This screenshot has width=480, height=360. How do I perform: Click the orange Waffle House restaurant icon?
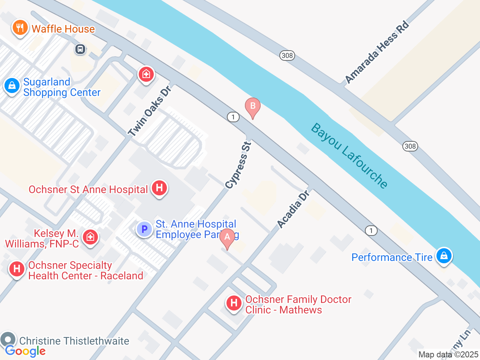pos(20,28)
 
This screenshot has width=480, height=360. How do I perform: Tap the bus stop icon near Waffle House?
pos(80,49)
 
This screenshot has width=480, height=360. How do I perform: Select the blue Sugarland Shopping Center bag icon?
pos(12,86)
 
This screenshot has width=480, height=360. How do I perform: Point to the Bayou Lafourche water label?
pos(349,156)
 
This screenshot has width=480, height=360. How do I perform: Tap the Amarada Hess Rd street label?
pos(376,52)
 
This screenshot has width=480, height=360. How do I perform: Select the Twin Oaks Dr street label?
pos(149,111)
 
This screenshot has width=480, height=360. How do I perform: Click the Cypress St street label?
pos(238,165)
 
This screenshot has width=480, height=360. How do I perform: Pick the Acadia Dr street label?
pos(293,209)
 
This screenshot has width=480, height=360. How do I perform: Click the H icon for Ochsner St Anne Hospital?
pos(159,187)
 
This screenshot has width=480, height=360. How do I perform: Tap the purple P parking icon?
pos(144,229)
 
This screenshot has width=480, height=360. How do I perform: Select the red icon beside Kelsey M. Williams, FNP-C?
pos(90,237)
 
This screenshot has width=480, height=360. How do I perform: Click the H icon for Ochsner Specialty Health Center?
pos(17,269)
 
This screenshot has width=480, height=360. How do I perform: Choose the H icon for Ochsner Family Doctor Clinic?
pos(234,303)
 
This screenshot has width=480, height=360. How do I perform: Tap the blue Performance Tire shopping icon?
pos(444,256)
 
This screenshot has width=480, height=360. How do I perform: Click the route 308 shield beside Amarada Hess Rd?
pos(287,55)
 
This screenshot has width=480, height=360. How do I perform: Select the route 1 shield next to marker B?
pos(233,117)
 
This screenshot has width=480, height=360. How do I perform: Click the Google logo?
pos(25,351)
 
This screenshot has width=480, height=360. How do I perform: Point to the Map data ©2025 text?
pos(448,354)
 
